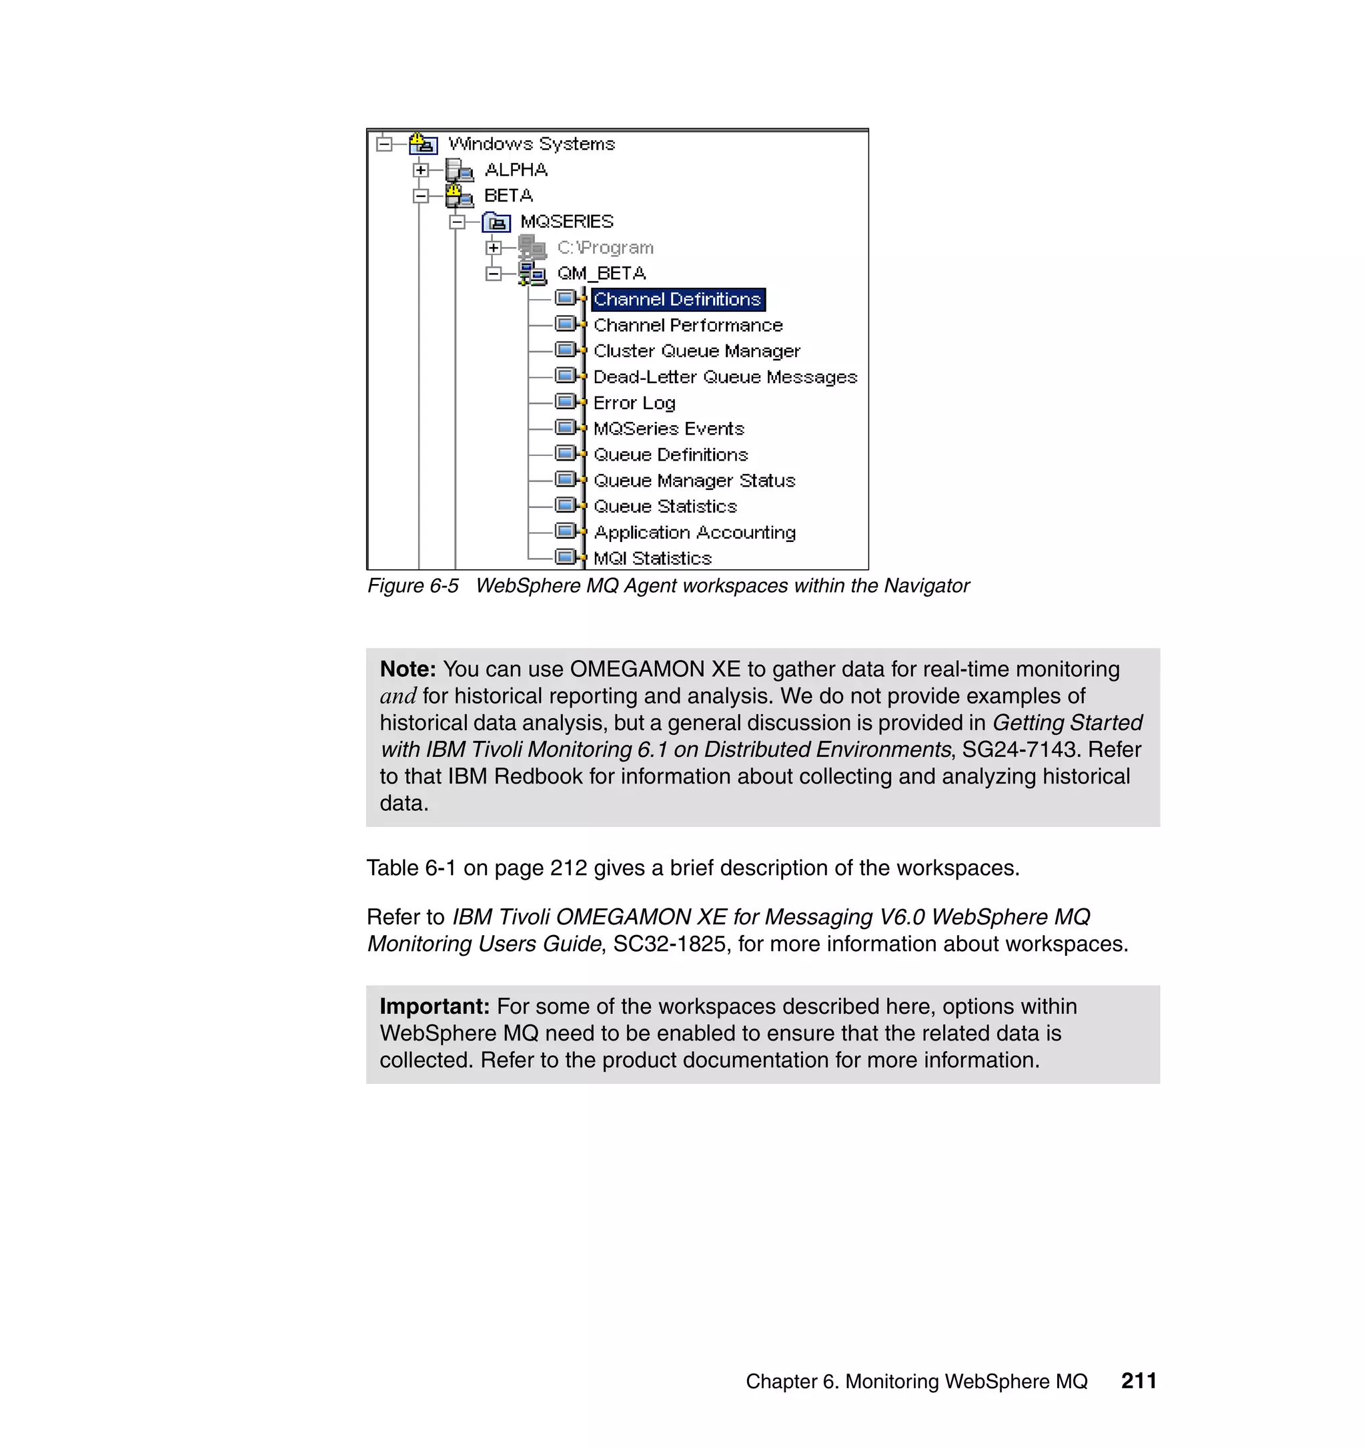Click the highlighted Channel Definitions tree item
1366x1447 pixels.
coord(677,300)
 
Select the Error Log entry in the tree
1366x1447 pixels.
coord(634,403)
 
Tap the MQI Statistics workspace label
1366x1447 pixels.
coord(652,558)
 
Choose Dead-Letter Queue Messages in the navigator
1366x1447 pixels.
coord(725,377)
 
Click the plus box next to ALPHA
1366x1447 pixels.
coord(420,170)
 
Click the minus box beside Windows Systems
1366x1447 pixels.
coord(384,143)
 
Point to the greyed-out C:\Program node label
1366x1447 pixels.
coord(605,248)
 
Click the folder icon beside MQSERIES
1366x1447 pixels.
coord(497,222)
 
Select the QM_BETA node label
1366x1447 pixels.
coord(602,273)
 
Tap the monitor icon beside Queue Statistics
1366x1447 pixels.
coord(566,505)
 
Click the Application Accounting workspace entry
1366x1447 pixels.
coord(694,533)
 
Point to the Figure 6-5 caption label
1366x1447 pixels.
coord(413,586)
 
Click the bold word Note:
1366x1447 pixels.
coord(408,669)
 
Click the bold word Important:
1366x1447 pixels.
coord(435,1006)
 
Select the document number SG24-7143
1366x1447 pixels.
coord(1019,749)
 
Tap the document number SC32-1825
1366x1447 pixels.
coord(669,944)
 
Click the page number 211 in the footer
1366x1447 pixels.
coord(1139,1380)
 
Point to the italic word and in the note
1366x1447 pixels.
coord(398,696)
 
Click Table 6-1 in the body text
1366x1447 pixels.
coord(412,868)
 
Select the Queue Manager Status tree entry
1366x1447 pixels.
coord(694,481)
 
